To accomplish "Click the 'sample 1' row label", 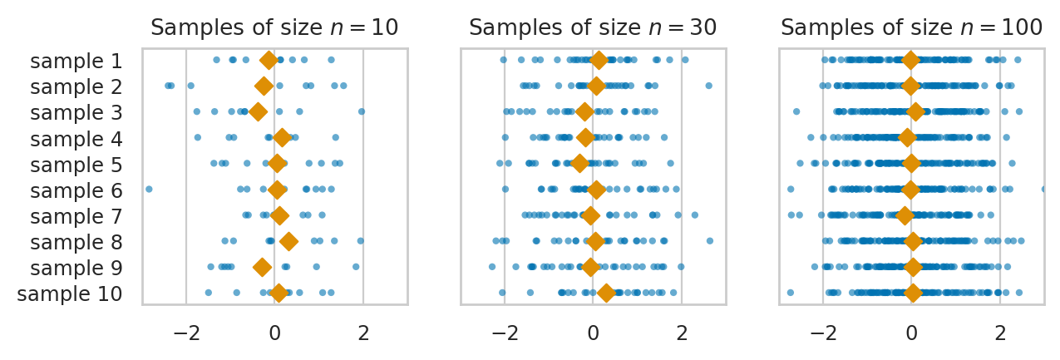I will click(76, 61).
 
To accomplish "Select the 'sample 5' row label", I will click(76, 165).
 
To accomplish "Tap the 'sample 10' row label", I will click(70, 293).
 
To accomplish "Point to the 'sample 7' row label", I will click(76, 216).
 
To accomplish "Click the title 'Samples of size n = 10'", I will click(274, 27).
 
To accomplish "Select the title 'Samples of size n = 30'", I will click(593, 27).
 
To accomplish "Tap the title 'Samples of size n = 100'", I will click(911, 27).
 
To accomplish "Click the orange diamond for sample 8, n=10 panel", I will click(288, 242).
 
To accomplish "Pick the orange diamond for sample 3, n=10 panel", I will click(259, 111).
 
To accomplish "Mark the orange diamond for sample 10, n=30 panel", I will click(606, 293).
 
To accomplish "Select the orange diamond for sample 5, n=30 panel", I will click(579, 164).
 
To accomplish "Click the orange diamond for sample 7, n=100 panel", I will click(905, 216).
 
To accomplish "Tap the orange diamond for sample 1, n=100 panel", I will click(910, 60).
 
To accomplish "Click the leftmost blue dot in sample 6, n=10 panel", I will click(149, 190).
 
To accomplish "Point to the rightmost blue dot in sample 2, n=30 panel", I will click(708, 86).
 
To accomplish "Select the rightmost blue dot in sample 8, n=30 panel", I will click(709, 241).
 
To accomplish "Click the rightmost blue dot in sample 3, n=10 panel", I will click(361, 111).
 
